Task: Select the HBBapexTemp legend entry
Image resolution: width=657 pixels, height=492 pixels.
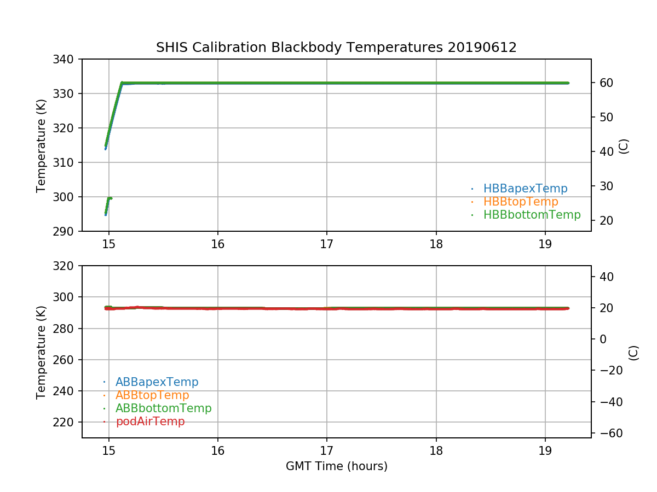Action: pyautogui.click(x=525, y=189)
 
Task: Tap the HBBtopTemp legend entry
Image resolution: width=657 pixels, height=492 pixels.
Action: pyautogui.click(x=521, y=202)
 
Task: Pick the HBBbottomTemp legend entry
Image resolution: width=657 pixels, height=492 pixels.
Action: pyautogui.click(x=532, y=215)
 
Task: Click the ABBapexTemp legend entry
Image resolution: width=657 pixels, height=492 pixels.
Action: pyautogui.click(x=157, y=382)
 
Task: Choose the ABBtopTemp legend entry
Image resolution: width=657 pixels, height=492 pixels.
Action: pyautogui.click(x=152, y=395)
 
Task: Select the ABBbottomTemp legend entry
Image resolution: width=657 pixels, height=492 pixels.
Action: pyautogui.click(x=163, y=408)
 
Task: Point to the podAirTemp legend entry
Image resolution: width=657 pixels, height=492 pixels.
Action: pyautogui.click(x=150, y=421)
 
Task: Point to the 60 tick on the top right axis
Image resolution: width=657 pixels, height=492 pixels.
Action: pyautogui.click(x=604, y=83)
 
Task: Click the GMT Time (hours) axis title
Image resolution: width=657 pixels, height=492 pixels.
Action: pyautogui.click(x=336, y=466)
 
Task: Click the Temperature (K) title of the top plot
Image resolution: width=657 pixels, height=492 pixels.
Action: pyautogui.click(x=42, y=145)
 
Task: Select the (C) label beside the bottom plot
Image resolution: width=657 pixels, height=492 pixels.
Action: pyautogui.click(x=633, y=352)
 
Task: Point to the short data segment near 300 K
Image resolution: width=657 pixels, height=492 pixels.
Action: pyautogui.click(x=108, y=203)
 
